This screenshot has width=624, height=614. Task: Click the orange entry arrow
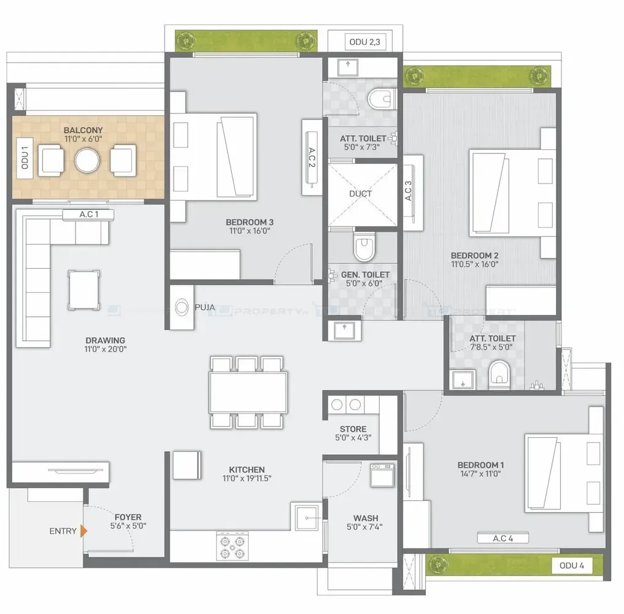tap(83, 530)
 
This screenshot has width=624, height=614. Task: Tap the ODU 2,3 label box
tap(365, 42)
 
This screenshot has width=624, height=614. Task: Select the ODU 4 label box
tap(572, 565)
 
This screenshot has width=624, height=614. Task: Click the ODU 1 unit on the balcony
tap(25, 158)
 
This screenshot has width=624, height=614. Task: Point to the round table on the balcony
tap(87, 160)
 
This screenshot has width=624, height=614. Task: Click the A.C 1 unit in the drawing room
tap(88, 215)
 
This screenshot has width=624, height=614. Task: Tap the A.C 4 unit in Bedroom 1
tap(503, 538)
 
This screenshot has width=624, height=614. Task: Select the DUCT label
tap(361, 194)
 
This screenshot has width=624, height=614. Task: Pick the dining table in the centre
tap(248, 392)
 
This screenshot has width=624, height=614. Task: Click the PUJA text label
tap(205, 308)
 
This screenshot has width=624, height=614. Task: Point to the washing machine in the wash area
tap(382, 475)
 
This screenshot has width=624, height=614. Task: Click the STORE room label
tap(353, 429)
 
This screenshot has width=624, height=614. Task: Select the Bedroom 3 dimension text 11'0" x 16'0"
tap(250, 231)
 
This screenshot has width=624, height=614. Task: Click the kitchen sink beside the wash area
tap(307, 518)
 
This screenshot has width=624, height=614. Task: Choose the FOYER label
tap(128, 517)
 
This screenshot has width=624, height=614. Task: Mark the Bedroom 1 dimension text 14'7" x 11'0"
tap(481, 474)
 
